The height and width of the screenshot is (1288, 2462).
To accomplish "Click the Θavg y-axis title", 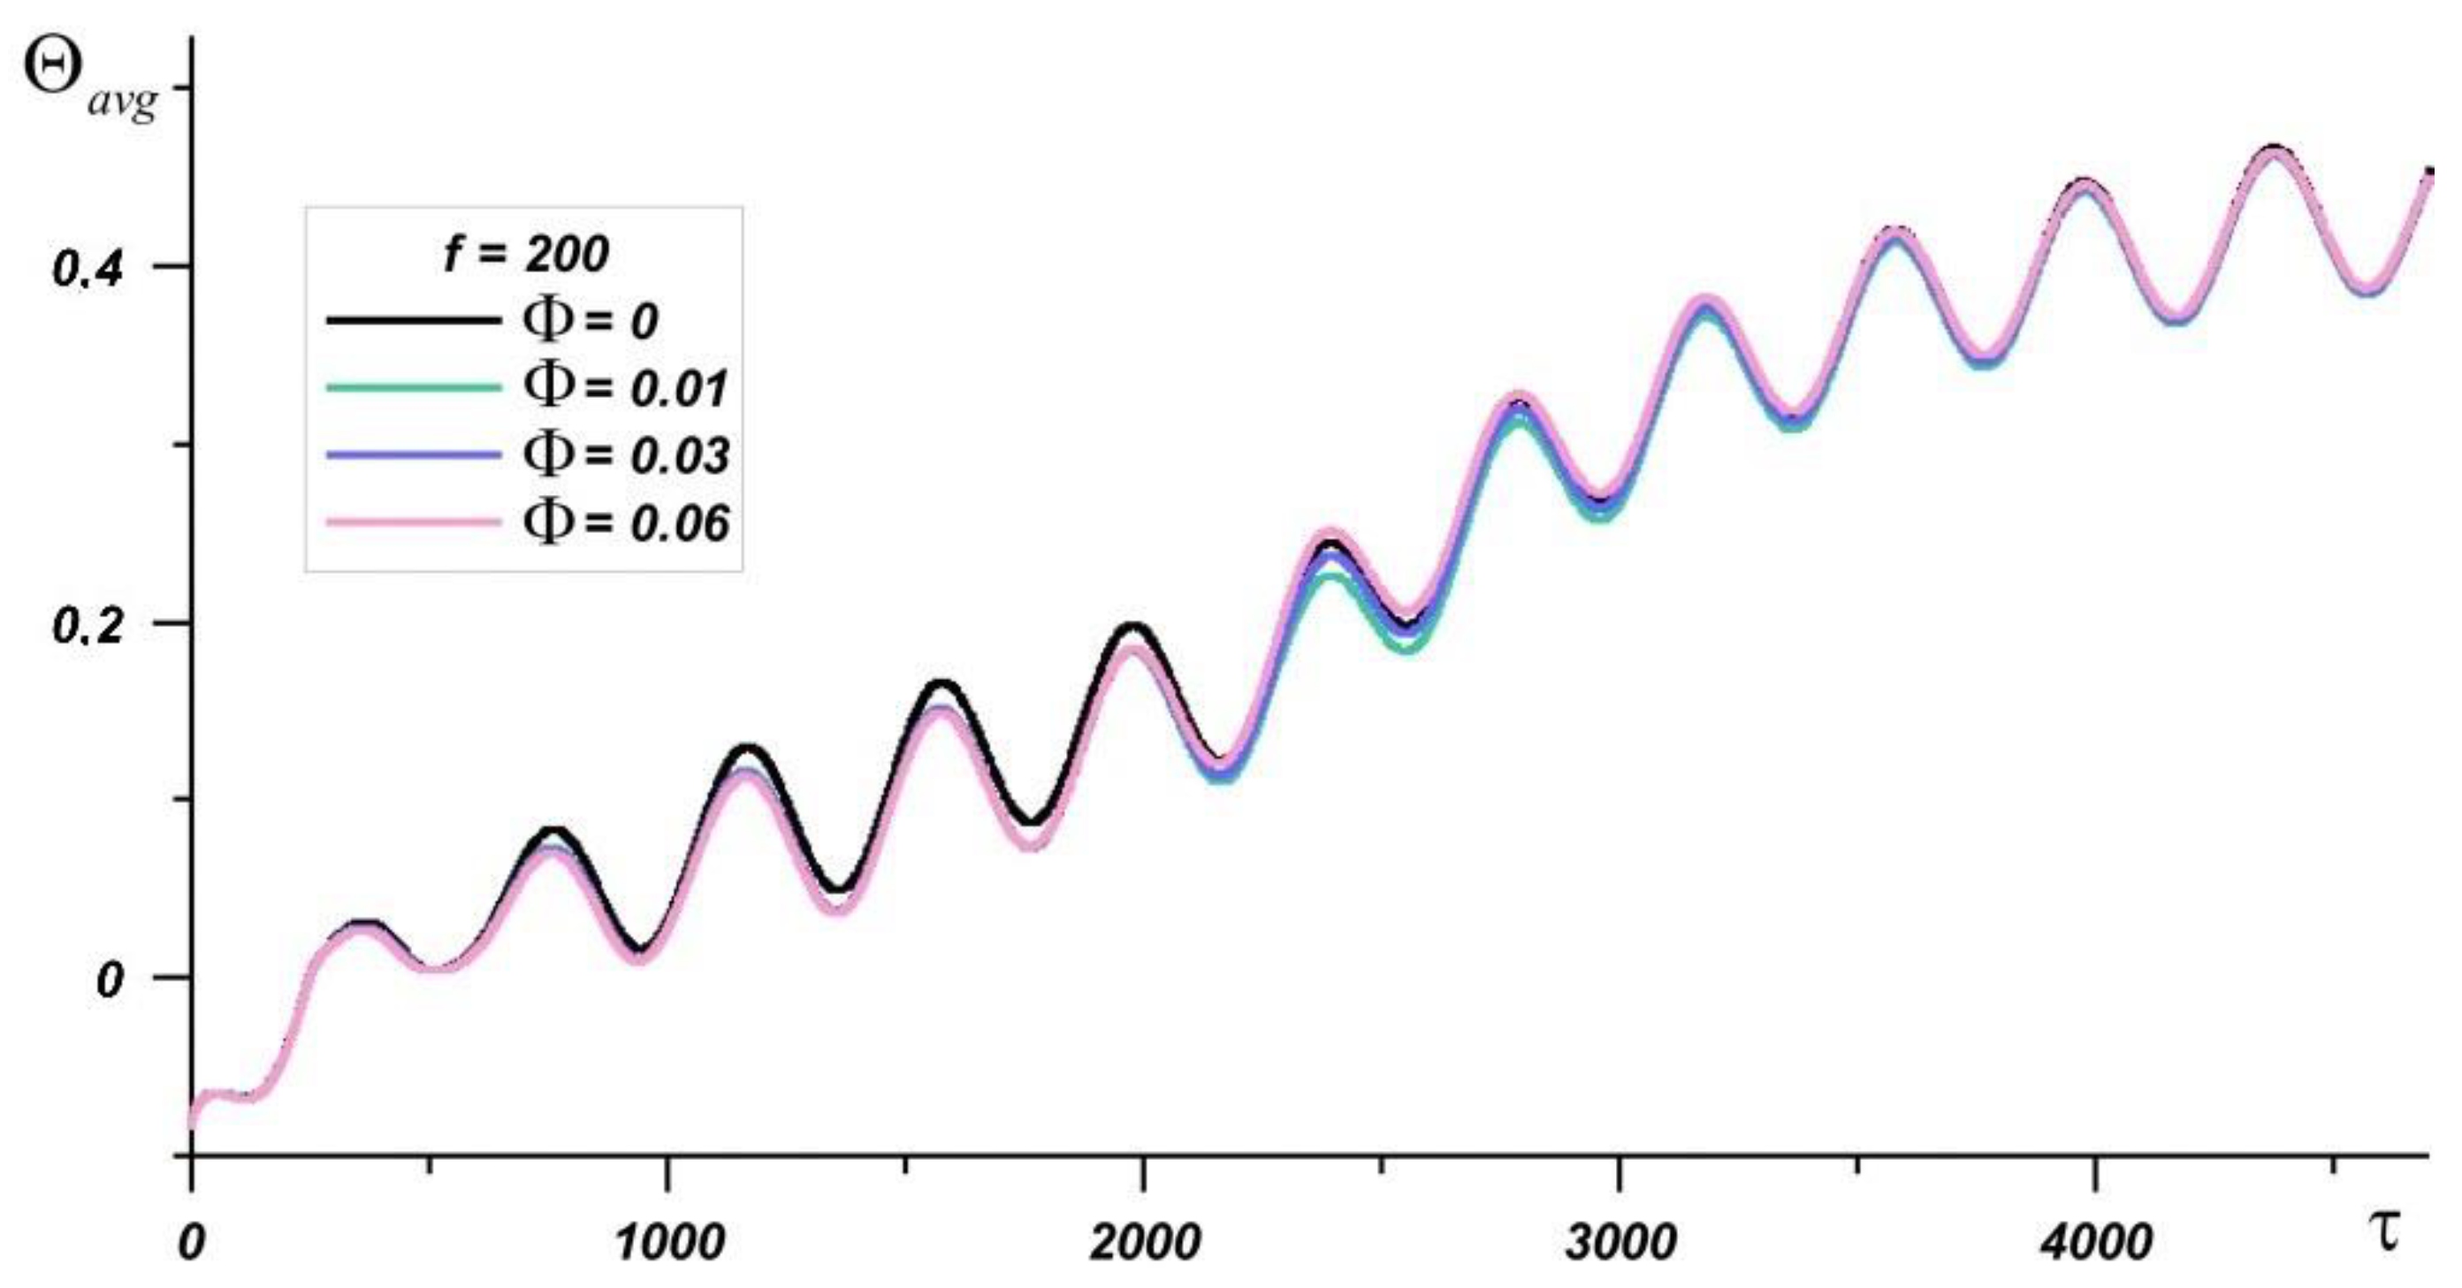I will [88, 84].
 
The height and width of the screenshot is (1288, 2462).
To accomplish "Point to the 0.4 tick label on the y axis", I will [88, 271].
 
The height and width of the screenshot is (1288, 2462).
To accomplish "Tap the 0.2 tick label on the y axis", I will [88, 627].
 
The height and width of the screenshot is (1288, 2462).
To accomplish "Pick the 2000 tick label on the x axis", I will [1144, 1243].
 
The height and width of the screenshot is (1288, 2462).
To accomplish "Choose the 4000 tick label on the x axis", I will [2095, 1243].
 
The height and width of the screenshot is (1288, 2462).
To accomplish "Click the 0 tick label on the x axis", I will [192, 1243].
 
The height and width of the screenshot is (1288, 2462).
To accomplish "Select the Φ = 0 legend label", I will [591, 320].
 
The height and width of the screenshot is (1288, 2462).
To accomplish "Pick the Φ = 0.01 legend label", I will [626, 387].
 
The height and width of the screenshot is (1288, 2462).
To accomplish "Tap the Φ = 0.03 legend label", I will [626, 454].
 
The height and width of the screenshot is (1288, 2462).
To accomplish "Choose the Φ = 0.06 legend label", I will [626, 522].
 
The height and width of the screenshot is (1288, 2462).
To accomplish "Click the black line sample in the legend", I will [413, 320].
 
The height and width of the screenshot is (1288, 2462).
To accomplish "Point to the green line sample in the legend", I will [413, 387].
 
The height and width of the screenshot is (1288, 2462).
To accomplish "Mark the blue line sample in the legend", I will [413, 454].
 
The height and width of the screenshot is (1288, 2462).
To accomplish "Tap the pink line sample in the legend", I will [413, 522].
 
